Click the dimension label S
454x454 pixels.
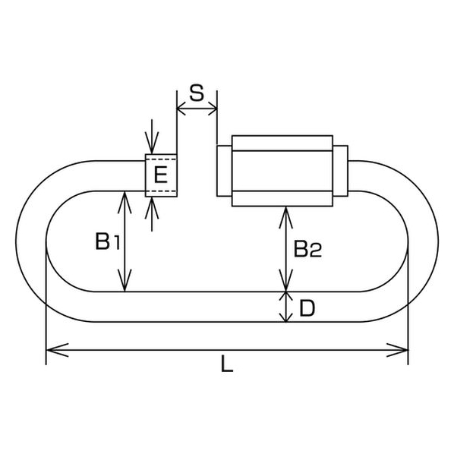click(x=197, y=93)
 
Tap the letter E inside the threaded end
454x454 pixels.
click(x=161, y=175)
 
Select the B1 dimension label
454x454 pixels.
click(x=107, y=241)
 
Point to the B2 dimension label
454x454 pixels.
click(x=307, y=249)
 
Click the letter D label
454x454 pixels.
click(x=307, y=308)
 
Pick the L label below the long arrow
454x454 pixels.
click(x=227, y=364)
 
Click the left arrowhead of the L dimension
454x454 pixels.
click(x=58, y=350)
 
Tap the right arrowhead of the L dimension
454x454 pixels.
click(x=397, y=350)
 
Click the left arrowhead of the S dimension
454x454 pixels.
click(x=181, y=109)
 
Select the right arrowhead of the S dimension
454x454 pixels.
click(x=213, y=109)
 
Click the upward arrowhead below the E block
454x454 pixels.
click(x=152, y=207)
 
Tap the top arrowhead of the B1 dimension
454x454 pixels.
click(x=125, y=202)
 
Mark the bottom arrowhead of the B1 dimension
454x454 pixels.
click(x=125, y=280)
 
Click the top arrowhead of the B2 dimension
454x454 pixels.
click(x=285, y=217)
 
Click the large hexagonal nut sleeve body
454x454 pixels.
click(x=282, y=171)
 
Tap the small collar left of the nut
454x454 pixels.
click(x=225, y=171)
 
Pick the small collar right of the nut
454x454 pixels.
click(x=340, y=171)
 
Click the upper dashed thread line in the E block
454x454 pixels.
click(x=161, y=159)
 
